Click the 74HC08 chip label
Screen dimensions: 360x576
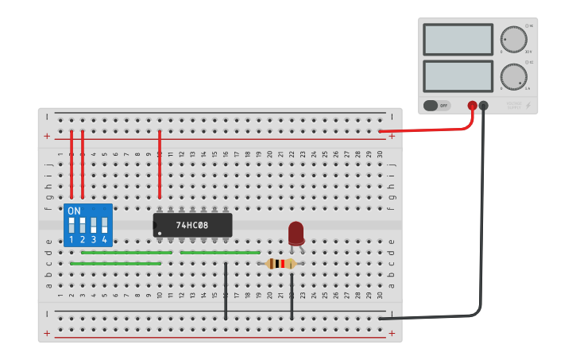(x=192, y=225)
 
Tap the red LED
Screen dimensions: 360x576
(x=296, y=233)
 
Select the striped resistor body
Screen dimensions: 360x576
(x=280, y=264)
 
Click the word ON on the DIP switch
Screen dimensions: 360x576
(x=74, y=211)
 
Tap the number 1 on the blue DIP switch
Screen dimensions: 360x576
(x=72, y=239)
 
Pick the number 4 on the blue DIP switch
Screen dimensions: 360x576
(x=104, y=239)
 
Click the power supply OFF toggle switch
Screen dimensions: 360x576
(x=436, y=105)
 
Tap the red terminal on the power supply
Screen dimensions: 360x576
(x=472, y=105)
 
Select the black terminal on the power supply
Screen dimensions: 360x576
(x=483, y=105)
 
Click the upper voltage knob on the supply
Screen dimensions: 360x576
(x=513, y=39)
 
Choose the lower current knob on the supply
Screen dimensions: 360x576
(x=513, y=77)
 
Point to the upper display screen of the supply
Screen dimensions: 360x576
(x=458, y=39)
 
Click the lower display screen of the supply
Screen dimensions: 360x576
(x=458, y=76)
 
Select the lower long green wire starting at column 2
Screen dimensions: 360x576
(x=116, y=263)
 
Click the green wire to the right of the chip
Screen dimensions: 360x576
(x=220, y=253)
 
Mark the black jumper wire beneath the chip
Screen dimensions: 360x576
(x=226, y=291)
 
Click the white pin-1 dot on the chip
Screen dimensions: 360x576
(x=160, y=233)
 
